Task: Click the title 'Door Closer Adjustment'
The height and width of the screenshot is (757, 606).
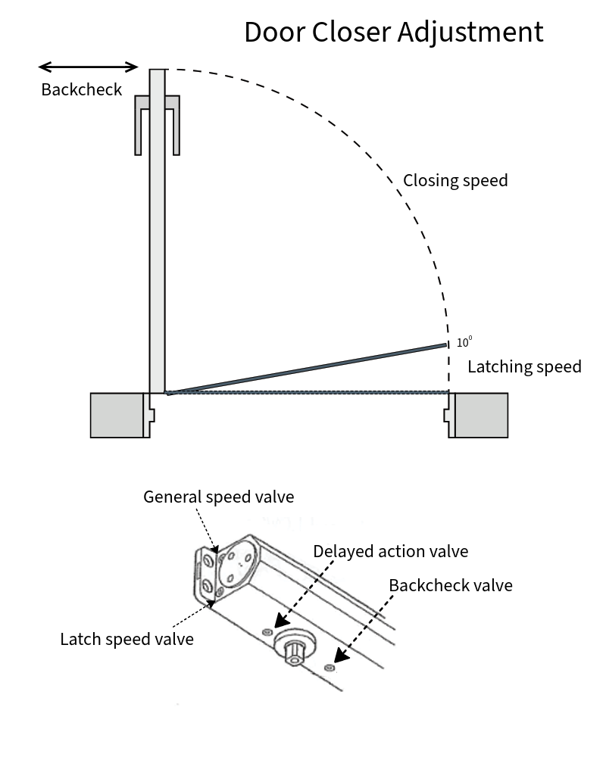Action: pyautogui.click(x=393, y=33)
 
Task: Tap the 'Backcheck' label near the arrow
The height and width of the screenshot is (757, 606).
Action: pyautogui.click(x=81, y=89)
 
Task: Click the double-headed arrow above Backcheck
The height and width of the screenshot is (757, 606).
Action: pyautogui.click(x=88, y=67)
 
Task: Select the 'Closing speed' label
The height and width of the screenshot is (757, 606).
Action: pyautogui.click(x=454, y=180)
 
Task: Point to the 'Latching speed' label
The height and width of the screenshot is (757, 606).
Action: pyautogui.click(x=524, y=367)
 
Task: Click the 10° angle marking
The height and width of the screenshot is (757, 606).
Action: pyautogui.click(x=464, y=342)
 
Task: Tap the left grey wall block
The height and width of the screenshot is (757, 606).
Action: pyautogui.click(x=117, y=415)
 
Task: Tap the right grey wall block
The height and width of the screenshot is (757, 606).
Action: pyautogui.click(x=480, y=415)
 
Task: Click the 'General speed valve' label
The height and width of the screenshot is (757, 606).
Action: pyautogui.click(x=218, y=497)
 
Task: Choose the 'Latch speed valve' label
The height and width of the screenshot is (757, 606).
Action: pyautogui.click(x=127, y=639)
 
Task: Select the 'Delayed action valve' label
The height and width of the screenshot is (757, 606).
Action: pyautogui.click(x=390, y=551)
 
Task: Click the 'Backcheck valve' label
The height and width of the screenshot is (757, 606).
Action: pyautogui.click(x=450, y=585)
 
